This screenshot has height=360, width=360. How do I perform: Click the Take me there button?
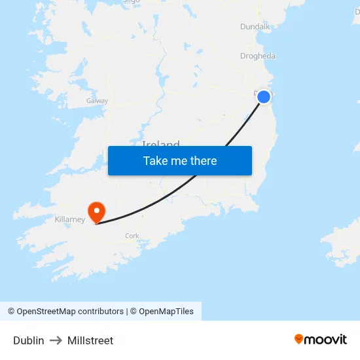click(179, 160)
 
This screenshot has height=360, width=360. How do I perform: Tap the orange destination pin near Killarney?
click(97, 211)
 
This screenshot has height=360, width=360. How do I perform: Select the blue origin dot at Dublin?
click(263, 97)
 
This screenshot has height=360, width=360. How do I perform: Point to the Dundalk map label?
click(255, 26)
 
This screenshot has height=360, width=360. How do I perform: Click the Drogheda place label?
click(258, 56)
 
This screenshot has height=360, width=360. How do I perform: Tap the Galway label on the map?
click(97, 101)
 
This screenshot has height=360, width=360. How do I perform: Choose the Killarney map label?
click(70, 219)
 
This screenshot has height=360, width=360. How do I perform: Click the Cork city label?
click(132, 236)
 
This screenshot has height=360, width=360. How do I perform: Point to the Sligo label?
click(132, 2)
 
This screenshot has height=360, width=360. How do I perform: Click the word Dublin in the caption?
click(29, 340)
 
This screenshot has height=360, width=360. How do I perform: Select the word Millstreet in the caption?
click(90, 340)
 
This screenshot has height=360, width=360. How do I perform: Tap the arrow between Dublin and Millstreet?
click(56, 340)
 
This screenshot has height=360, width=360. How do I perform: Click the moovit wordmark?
click(326, 339)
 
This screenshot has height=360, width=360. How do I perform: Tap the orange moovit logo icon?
click(299, 339)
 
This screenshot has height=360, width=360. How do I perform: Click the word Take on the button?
click(156, 160)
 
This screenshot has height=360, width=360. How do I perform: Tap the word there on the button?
click(203, 160)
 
